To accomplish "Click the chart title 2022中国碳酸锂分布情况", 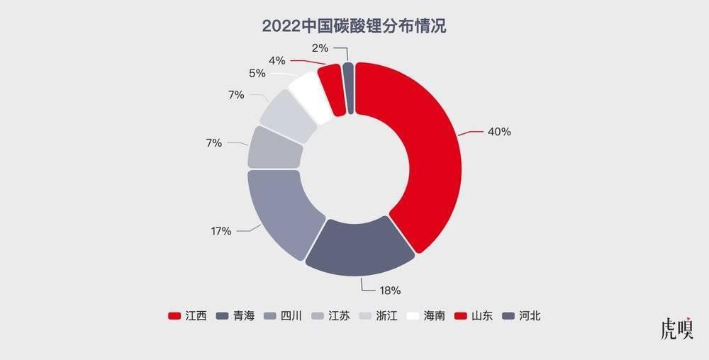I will pyautogui.click(x=354, y=27).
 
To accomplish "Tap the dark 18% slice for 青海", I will pyautogui.click(x=360, y=245).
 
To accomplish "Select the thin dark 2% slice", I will pyautogui.click(x=348, y=86).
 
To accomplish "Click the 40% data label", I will pyautogui.click(x=499, y=132).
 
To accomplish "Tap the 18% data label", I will pyautogui.click(x=390, y=290).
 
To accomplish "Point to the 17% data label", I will pyautogui.click(x=220, y=231).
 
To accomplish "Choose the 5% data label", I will pyautogui.click(x=257, y=73).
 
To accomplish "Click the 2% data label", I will pyautogui.click(x=320, y=48).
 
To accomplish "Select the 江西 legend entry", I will pyautogui.click(x=187, y=316).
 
